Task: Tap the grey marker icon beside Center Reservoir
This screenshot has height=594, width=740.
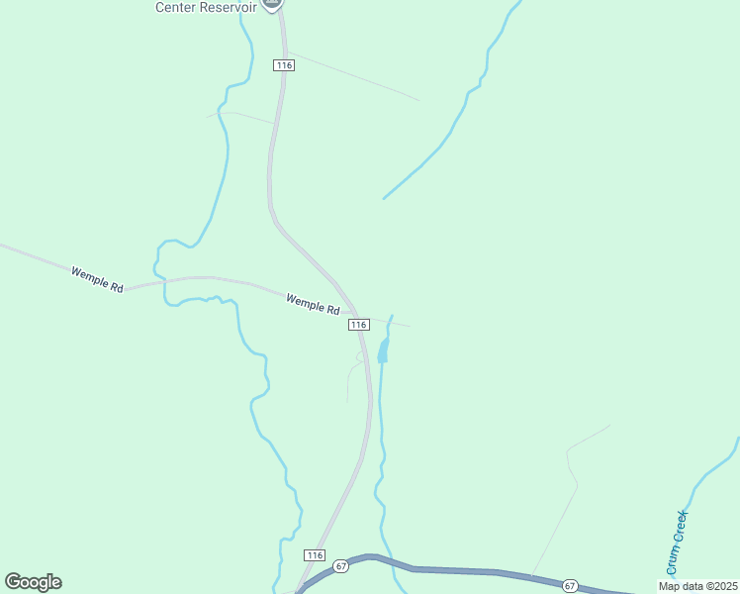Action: (274, 4)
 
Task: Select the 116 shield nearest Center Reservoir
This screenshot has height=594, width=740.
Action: (284, 64)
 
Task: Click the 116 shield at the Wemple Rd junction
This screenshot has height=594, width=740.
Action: (358, 324)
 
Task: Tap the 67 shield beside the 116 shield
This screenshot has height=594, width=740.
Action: (341, 565)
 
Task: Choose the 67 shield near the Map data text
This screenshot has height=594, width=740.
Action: (570, 585)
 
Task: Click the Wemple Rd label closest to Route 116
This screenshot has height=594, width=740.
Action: (313, 303)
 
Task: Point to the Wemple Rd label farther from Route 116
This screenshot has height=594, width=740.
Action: (97, 279)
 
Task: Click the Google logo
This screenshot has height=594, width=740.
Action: (33, 581)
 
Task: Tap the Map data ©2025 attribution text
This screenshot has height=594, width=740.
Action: (696, 586)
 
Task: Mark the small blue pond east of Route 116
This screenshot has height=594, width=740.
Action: (383, 350)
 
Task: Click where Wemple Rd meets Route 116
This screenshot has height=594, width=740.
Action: (352, 308)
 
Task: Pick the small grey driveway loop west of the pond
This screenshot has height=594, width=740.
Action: (353, 371)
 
